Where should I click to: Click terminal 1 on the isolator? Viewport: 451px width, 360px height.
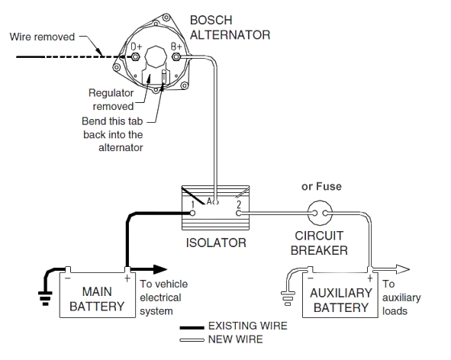(195, 204)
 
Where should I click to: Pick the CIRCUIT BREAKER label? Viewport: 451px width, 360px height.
(321, 243)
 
